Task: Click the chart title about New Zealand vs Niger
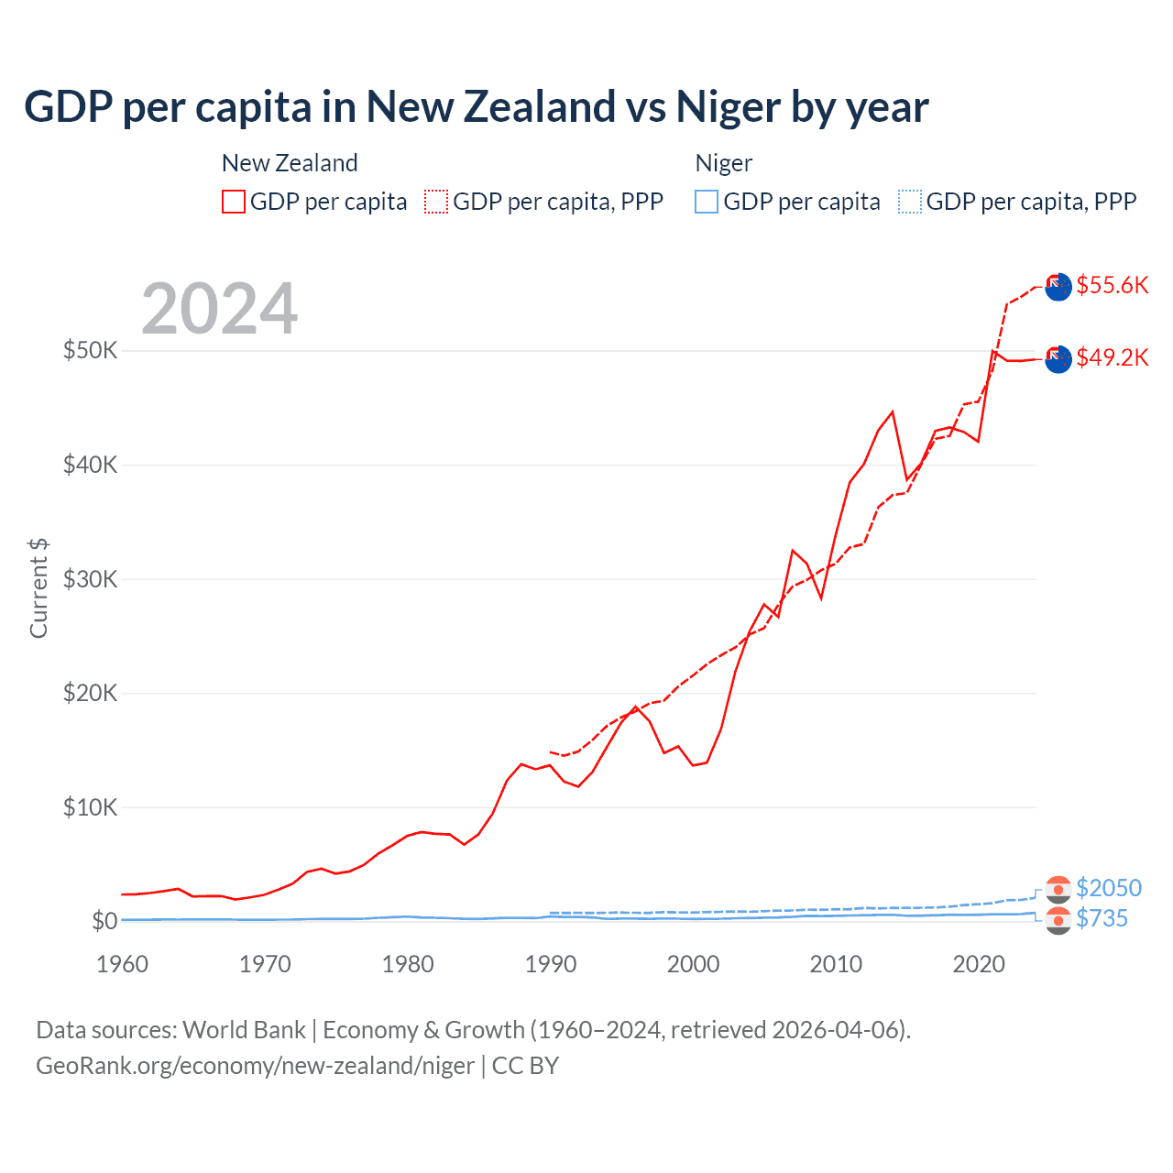(476, 106)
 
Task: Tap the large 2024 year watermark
(219, 309)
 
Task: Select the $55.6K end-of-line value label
(1112, 285)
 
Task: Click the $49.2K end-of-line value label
(1112, 357)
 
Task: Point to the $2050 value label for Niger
(1108, 888)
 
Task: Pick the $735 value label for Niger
(1102, 918)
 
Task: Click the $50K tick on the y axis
(90, 350)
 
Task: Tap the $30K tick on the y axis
(90, 579)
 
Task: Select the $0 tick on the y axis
(104, 921)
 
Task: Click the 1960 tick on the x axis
(122, 964)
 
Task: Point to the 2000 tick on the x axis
(693, 964)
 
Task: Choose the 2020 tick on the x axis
(979, 964)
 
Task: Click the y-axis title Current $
(38, 588)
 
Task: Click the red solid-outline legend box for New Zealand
(234, 202)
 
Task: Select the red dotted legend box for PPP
(436, 202)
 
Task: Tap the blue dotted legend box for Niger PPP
(910, 202)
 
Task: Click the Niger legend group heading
(723, 163)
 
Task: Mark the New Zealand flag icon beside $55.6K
(1058, 286)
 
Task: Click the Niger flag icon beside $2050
(1058, 889)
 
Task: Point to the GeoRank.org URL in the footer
(255, 1066)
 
